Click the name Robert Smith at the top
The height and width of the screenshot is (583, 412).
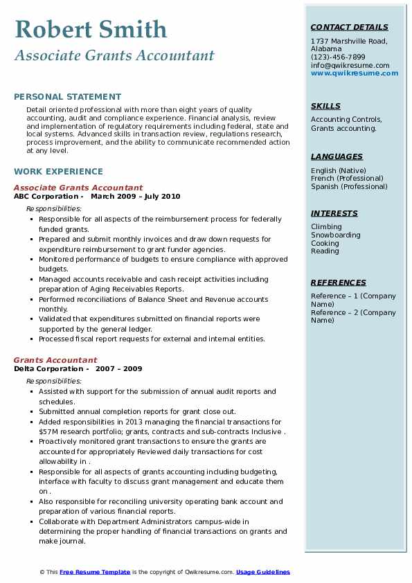(91, 29)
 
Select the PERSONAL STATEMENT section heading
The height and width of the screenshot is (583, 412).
(67, 97)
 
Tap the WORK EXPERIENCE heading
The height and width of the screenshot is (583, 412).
(58, 172)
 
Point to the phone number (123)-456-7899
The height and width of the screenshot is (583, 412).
(338, 57)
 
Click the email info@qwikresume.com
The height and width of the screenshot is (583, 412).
(350, 65)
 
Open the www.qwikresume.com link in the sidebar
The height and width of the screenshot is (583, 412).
(350, 73)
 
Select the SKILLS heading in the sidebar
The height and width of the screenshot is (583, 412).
(325, 106)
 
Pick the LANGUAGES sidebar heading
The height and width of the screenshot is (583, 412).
(337, 156)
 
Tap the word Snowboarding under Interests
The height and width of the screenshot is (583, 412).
(335, 235)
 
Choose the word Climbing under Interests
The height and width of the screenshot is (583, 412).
(326, 226)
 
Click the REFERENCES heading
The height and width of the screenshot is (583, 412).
(339, 282)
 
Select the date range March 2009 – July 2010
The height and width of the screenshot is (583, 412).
(135, 197)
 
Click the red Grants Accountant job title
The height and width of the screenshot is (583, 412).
(55, 360)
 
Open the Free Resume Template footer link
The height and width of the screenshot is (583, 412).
(94, 572)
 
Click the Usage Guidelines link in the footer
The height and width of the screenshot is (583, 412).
(262, 572)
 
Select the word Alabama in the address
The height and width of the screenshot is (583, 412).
(326, 49)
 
